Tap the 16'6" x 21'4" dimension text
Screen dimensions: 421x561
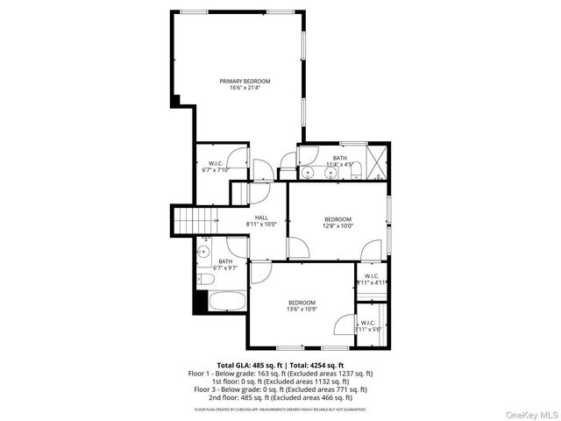click(x=245, y=88)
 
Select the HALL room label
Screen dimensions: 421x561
click(x=261, y=218)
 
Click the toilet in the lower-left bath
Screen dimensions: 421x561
click(x=207, y=280)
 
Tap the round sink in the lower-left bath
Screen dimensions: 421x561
click(x=203, y=252)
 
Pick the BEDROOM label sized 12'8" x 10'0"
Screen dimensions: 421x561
click(x=337, y=219)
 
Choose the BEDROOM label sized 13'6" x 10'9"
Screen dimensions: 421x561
click(x=302, y=303)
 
